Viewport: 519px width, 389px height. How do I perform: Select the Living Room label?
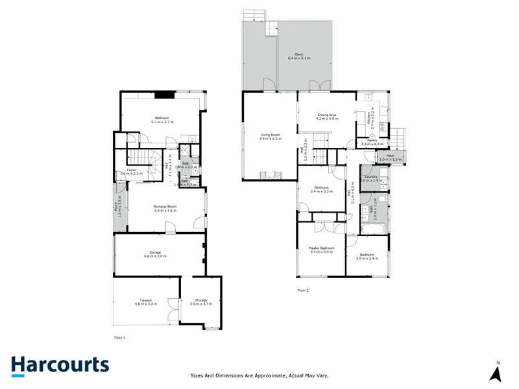click(x=270, y=137)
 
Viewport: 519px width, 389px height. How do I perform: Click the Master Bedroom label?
click(x=322, y=250)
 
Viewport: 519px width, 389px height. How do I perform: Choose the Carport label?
click(x=146, y=301)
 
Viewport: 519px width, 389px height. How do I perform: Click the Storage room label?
click(x=201, y=301)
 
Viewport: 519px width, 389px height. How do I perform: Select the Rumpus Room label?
click(x=165, y=208)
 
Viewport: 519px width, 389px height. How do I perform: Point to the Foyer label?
click(x=132, y=171)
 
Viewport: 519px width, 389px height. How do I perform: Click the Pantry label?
click(x=372, y=141)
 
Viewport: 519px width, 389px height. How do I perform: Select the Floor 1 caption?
click(x=119, y=338)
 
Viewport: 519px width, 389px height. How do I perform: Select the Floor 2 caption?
click(x=303, y=290)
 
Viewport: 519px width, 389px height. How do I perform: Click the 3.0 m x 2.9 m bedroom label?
click(x=368, y=256)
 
